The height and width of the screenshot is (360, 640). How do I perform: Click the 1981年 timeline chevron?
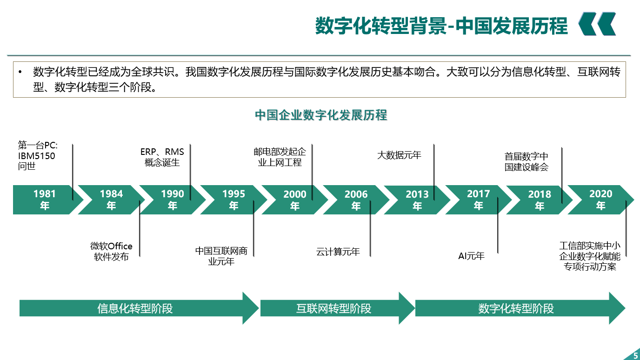point(46,200)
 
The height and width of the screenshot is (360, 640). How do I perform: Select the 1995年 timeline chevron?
point(233,200)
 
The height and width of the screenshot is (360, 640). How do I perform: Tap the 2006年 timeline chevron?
point(356,200)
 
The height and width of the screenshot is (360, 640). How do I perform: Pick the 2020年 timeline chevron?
point(600,200)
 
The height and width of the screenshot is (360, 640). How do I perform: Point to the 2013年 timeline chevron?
point(417,200)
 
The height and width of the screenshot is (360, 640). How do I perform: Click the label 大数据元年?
point(399,155)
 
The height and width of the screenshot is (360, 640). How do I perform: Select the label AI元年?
point(472,256)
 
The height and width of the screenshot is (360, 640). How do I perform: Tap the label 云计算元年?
point(338,252)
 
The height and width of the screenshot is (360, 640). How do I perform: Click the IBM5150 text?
point(36,156)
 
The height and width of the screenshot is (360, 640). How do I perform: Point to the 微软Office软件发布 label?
point(111,252)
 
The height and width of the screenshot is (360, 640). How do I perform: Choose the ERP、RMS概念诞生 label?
point(162,157)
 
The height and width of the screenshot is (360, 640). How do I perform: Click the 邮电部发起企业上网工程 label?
point(280,157)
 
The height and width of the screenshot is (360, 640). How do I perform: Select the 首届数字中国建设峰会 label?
point(527,162)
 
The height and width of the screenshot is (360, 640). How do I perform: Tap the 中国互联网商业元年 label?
point(221,256)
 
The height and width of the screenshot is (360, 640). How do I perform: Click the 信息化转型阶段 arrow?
point(139,308)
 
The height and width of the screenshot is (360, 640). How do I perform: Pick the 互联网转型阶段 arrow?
point(337,308)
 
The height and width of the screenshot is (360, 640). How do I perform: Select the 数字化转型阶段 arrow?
point(520,308)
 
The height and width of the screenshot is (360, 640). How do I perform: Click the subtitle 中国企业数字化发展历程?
point(321,115)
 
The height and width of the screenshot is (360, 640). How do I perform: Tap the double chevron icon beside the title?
point(597,24)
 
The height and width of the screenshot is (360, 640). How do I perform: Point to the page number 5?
point(636,355)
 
